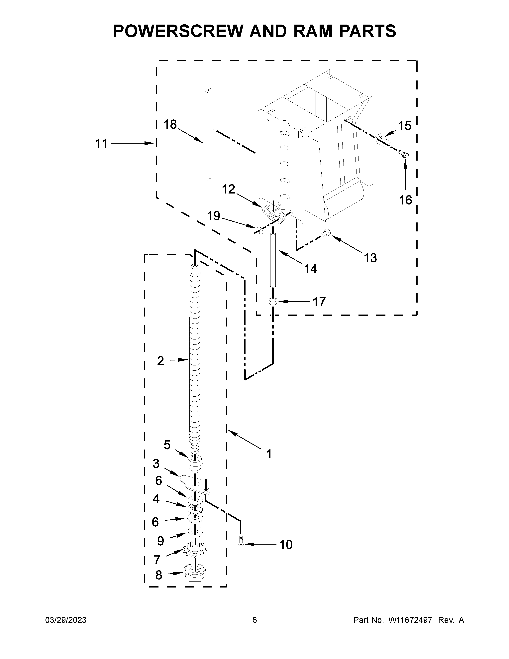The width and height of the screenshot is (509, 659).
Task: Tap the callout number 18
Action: [170, 124]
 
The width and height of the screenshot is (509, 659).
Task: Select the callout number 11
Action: [101, 144]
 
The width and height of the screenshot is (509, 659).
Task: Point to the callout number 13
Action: [370, 258]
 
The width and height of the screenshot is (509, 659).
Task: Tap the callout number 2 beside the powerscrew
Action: [160, 361]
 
